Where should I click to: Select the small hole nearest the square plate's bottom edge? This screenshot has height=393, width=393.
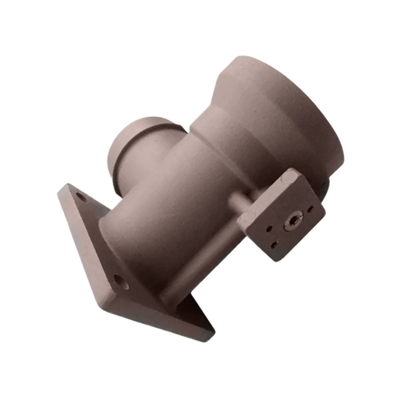point(274,243)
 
